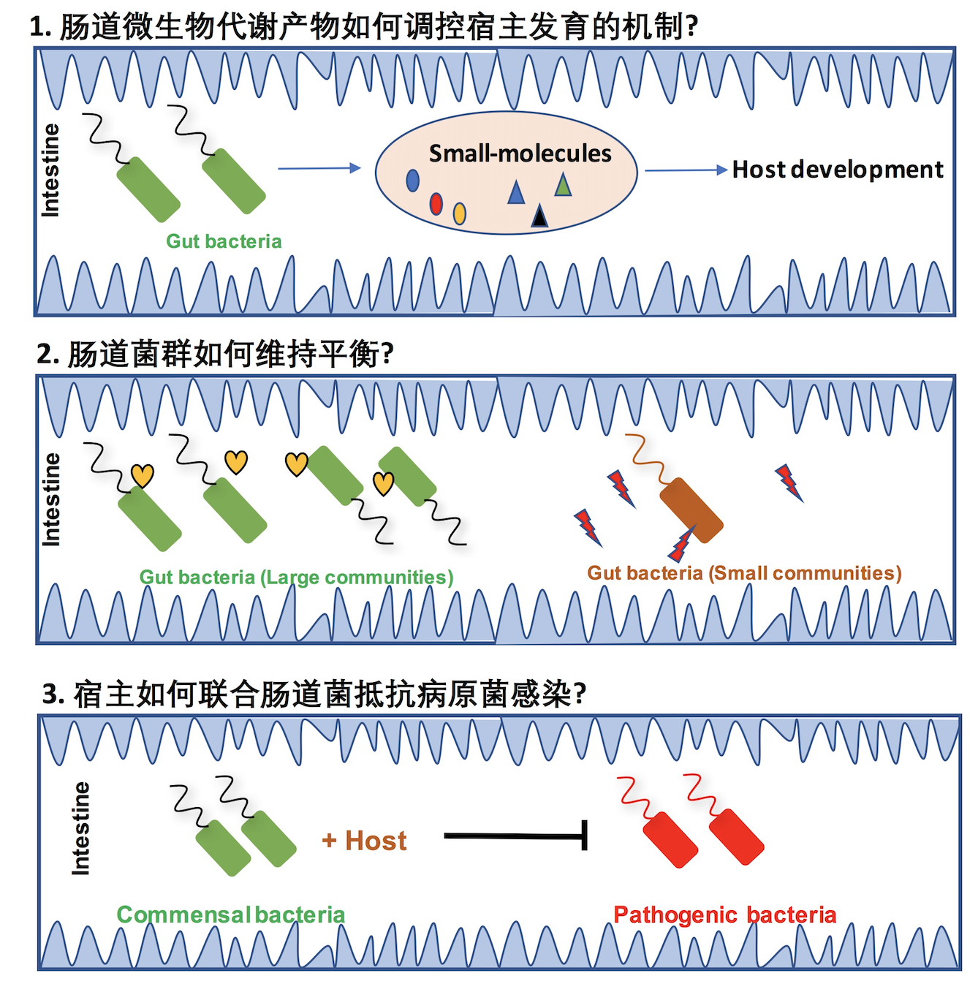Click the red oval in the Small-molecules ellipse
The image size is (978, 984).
tap(436, 203)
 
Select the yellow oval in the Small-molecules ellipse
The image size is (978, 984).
tap(460, 213)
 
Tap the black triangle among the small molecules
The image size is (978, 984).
tap(539, 216)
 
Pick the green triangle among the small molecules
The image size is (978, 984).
tap(563, 185)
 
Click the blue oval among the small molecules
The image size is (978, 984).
tap(413, 180)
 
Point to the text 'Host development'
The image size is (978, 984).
tap(838, 170)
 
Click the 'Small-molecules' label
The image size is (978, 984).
tap(520, 154)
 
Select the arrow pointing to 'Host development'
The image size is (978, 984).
tap(686, 170)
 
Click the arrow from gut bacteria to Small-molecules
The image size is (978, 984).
tap(319, 168)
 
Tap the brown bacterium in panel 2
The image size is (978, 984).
tap(691, 510)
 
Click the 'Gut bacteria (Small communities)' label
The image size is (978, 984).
tap(744, 573)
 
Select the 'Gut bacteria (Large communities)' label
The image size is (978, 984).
tap(296, 578)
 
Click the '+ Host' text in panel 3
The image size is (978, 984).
tap(364, 841)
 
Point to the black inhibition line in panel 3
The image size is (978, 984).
tap(515, 836)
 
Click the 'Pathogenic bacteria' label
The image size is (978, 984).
tap(724, 915)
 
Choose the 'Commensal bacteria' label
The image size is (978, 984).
tap(230, 915)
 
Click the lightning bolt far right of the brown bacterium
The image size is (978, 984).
tap(789, 482)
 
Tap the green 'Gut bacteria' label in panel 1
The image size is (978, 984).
tap(224, 241)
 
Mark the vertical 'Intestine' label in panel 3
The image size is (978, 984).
tap(81, 828)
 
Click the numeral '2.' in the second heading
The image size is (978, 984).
tap(48, 354)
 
